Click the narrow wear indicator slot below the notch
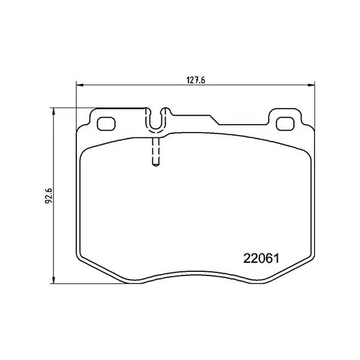click(x=155, y=150)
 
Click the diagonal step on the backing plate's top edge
click(x=214, y=119)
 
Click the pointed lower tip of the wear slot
click(x=155, y=166)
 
